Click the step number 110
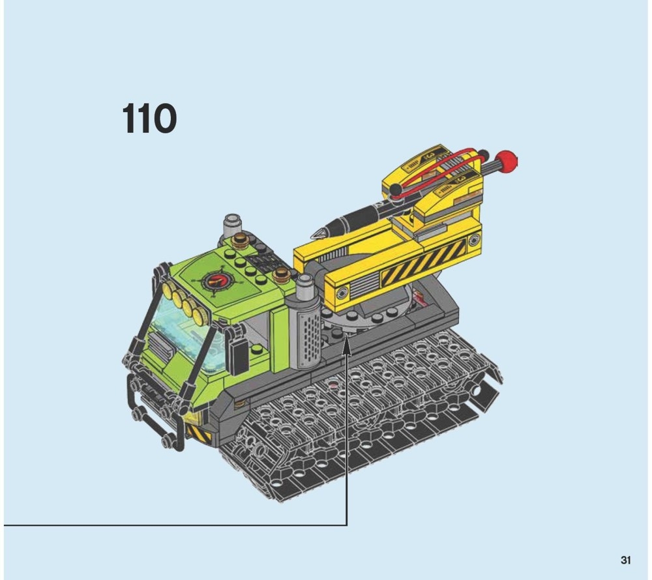[149, 119]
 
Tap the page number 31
[625, 560]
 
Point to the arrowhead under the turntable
[347, 347]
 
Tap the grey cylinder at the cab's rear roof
[233, 225]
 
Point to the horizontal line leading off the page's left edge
[175, 525]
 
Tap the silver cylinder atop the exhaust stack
[305, 287]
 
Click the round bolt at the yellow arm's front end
[343, 293]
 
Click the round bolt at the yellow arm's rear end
[474, 240]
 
